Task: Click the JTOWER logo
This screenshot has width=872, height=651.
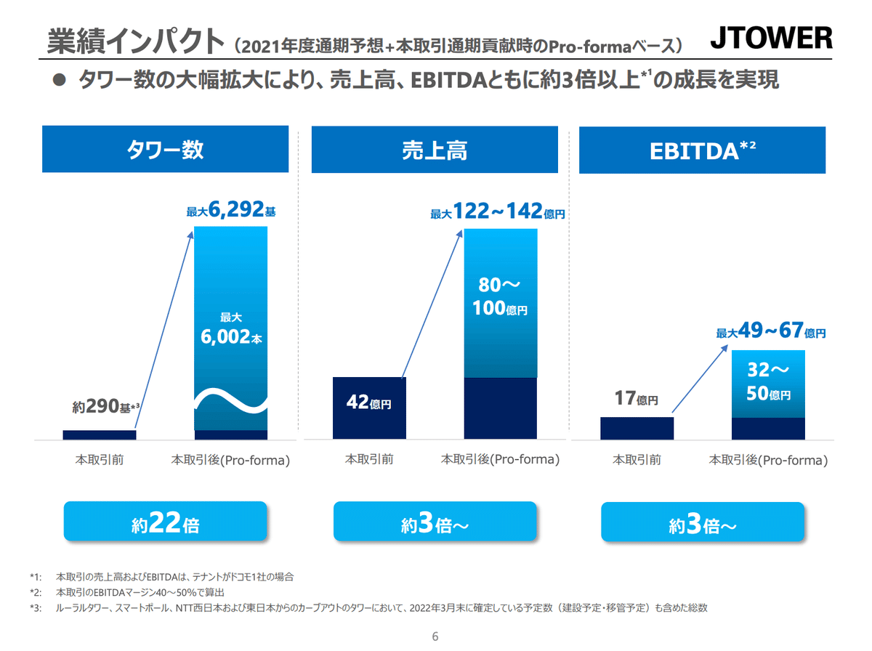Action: tap(771, 39)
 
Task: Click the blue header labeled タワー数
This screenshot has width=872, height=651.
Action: tap(165, 150)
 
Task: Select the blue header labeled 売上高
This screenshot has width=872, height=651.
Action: tap(435, 150)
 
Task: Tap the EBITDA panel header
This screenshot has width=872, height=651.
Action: tap(702, 150)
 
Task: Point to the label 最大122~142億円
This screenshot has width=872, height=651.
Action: tap(498, 212)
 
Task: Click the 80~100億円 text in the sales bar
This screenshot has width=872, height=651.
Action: tap(501, 296)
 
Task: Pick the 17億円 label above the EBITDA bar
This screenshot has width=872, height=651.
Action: tap(636, 399)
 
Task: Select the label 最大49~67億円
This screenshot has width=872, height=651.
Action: tap(771, 333)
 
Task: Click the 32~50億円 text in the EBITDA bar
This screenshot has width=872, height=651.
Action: tap(769, 383)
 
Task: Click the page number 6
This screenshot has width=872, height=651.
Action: tap(435, 636)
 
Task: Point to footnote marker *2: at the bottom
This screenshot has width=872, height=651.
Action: tap(36, 592)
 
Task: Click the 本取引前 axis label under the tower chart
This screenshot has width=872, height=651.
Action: tap(100, 460)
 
